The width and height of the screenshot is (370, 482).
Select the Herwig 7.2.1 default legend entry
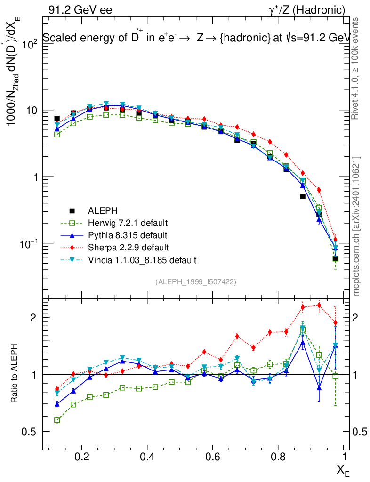128,223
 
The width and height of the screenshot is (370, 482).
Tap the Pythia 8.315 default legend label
127,235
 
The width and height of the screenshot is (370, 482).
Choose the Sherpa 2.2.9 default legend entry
127,247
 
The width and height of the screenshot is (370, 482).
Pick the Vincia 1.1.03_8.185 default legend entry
142,259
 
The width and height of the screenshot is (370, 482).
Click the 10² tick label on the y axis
29,44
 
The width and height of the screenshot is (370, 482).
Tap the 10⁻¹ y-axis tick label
27,244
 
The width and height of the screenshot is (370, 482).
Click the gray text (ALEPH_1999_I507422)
195,281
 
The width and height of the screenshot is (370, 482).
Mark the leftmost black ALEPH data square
57,119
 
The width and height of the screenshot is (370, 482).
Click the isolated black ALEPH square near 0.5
303,197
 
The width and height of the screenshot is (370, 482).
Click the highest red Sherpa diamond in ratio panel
319,305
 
